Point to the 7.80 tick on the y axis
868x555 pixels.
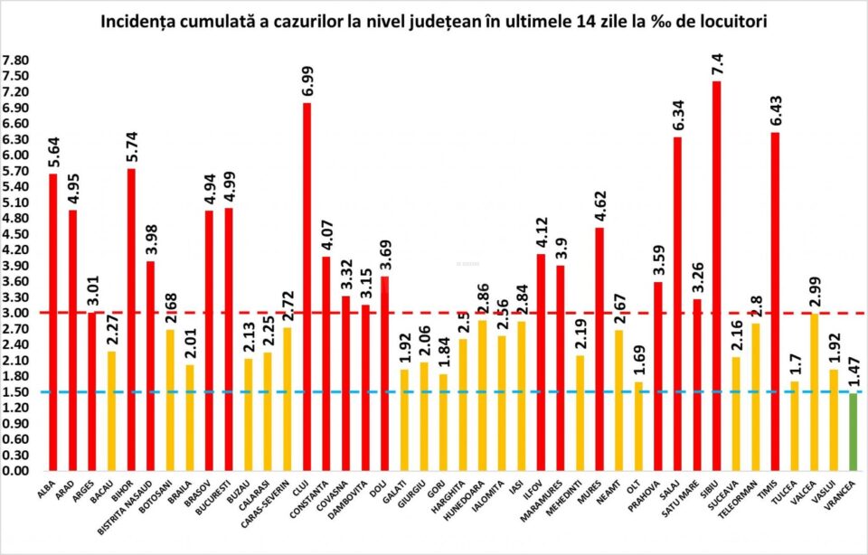click(x=16, y=61)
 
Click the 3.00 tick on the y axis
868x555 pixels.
click(x=16, y=313)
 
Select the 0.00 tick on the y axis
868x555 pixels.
click(x=16, y=471)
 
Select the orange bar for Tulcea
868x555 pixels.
click(x=794, y=426)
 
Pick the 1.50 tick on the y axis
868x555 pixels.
click(x=16, y=391)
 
